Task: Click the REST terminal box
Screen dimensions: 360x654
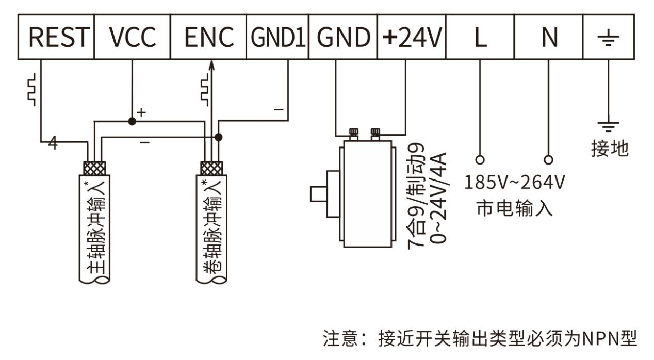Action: click(x=56, y=37)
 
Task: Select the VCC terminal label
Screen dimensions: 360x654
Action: click(x=132, y=37)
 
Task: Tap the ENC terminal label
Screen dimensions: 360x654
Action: click(x=208, y=37)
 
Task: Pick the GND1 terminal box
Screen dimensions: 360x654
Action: click(x=277, y=37)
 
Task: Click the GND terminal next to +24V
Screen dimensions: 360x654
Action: click(x=343, y=37)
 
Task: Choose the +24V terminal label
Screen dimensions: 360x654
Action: click(x=412, y=37)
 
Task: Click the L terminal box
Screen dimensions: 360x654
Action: click(x=480, y=37)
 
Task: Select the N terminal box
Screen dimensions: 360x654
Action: click(x=548, y=37)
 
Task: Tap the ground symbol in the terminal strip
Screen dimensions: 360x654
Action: click(x=609, y=37)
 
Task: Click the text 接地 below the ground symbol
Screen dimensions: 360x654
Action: click(x=610, y=149)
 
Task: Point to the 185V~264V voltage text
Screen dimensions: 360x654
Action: click(x=515, y=182)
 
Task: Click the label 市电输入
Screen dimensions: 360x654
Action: click(x=515, y=209)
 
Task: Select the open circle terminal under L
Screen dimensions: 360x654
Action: click(x=480, y=159)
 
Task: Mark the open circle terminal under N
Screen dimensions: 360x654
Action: click(x=548, y=159)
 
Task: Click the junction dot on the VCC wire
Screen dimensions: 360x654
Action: click(x=132, y=121)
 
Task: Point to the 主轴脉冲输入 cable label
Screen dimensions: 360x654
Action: click(x=94, y=227)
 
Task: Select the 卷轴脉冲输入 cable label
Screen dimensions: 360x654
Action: click(x=211, y=227)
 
